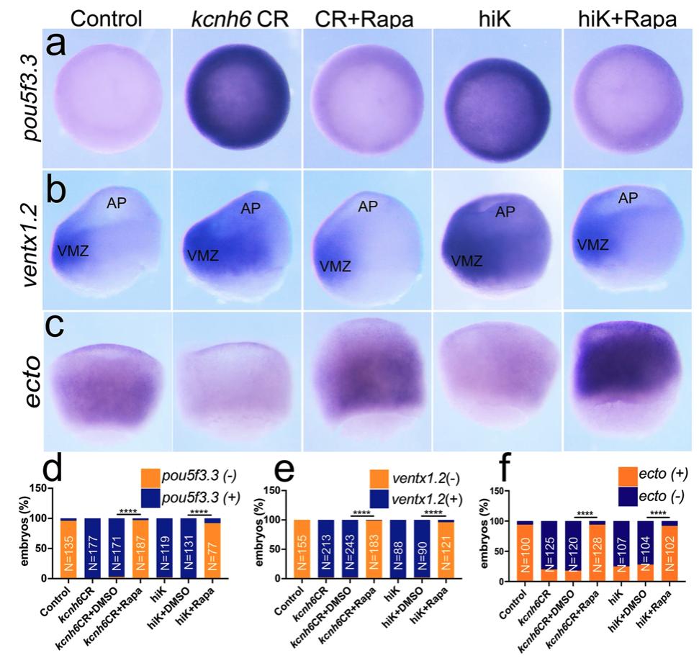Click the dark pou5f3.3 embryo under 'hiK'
click(497, 97)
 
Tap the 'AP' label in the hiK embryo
click(504, 212)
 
